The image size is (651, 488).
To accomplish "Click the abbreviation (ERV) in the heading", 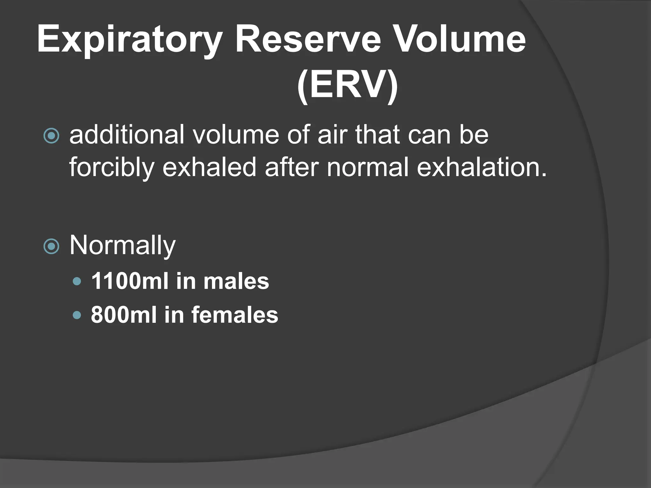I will [x=347, y=85].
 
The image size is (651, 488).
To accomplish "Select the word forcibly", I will [x=111, y=167].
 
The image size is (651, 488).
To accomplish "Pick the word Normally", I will [x=122, y=245].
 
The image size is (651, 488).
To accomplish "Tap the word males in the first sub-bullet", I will [x=236, y=281].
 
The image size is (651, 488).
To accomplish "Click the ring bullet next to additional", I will [x=51, y=136].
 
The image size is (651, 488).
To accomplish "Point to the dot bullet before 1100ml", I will [x=77, y=281].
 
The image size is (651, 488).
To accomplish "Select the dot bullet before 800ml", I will [x=77, y=315].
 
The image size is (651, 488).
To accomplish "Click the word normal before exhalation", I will [x=367, y=167].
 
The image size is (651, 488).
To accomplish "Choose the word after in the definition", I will [x=291, y=167].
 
